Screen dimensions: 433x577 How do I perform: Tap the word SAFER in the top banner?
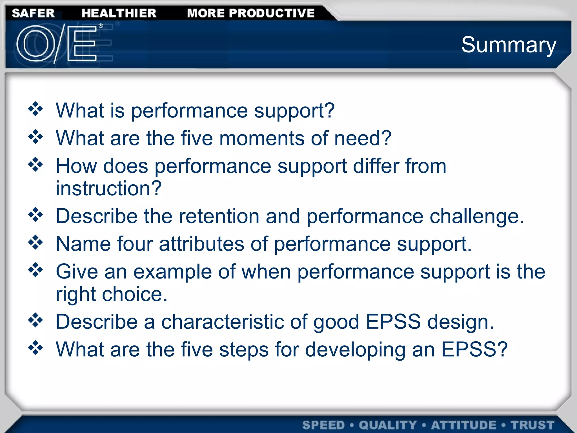coord(33,13)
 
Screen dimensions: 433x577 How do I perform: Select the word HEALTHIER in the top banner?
coord(119,13)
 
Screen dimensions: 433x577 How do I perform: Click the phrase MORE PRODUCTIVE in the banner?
coord(251,13)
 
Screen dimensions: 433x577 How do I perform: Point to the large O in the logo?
coord(36,44)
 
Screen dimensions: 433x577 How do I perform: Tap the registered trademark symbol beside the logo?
coord(101,26)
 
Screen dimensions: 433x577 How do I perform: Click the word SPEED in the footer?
coord(323,425)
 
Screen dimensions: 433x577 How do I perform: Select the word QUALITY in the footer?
coord(388,425)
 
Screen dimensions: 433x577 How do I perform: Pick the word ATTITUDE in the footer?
coord(463,425)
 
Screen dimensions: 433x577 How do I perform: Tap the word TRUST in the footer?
coord(532,425)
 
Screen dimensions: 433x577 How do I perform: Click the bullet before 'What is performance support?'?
coord(35,109)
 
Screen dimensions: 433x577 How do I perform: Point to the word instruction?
coord(109,188)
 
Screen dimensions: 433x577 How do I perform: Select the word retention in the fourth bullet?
coord(219,216)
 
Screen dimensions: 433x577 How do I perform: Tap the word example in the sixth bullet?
coord(172,272)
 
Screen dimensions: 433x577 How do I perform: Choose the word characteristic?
coord(223,322)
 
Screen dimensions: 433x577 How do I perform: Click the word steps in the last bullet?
coord(244,350)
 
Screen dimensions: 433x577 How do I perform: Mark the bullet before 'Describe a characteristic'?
coord(35,320)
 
